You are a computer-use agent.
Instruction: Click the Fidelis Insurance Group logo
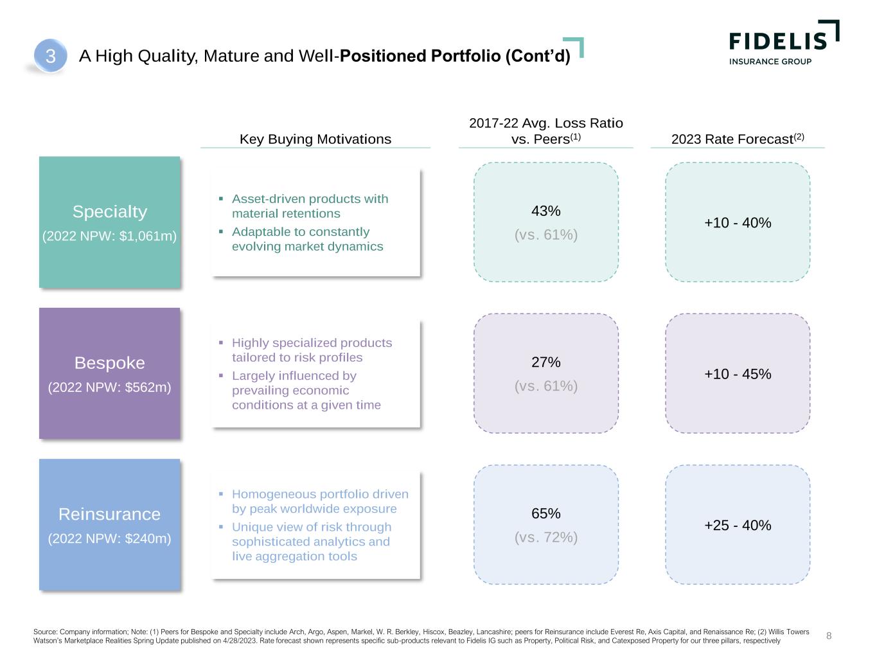(x=783, y=43)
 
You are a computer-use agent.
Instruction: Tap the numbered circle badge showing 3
(x=51, y=57)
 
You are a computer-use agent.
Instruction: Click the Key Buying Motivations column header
(x=315, y=139)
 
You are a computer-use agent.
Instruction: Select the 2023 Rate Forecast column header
(x=737, y=139)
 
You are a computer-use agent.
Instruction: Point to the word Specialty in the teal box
(x=110, y=211)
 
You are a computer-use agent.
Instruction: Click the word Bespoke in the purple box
(x=110, y=363)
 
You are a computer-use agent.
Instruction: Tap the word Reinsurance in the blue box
(x=110, y=514)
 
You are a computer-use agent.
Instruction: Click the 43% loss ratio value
(x=546, y=211)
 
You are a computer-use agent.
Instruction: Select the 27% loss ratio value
(x=546, y=362)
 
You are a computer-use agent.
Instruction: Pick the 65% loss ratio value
(x=546, y=513)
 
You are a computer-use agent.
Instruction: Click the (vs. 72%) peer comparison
(x=546, y=537)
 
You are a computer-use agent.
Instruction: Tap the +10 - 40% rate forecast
(x=738, y=223)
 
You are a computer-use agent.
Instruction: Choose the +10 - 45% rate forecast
(x=738, y=374)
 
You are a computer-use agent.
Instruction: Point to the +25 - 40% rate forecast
(x=738, y=526)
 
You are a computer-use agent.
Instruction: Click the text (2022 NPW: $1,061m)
(x=110, y=236)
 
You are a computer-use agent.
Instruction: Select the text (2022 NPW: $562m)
(x=110, y=387)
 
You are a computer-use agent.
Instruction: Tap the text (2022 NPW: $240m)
(x=110, y=538)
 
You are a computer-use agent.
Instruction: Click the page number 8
(x=829, y=636)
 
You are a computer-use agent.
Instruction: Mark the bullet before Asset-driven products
(x=220, y=199)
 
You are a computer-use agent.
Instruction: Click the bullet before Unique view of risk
(x=220, y=527)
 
